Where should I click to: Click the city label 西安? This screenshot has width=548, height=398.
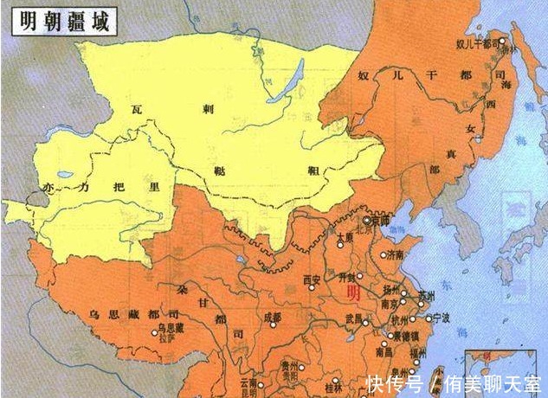coord(312,279)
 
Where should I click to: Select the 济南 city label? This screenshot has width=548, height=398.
coord(395,255)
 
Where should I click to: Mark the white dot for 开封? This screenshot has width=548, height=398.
coord(358,277)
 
